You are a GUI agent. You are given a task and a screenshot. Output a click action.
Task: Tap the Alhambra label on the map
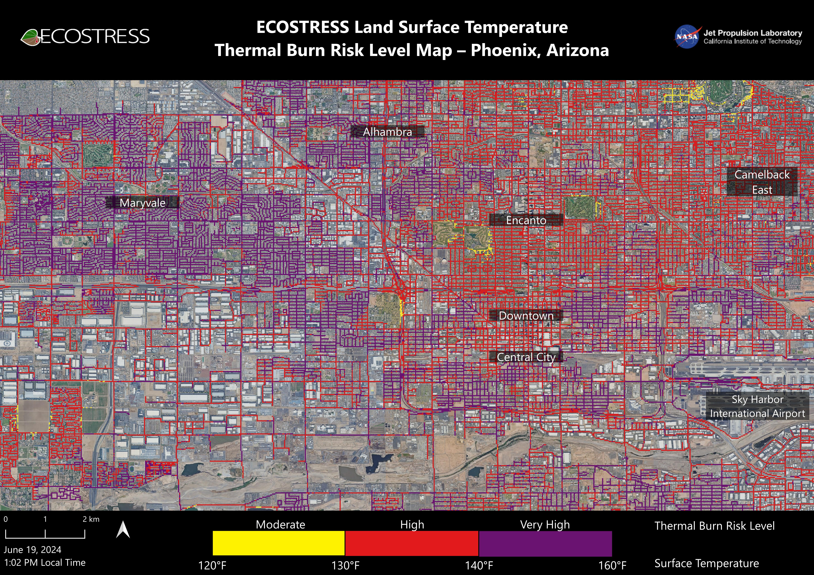[388, 132]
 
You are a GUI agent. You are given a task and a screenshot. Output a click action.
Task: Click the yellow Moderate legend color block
[279, 543]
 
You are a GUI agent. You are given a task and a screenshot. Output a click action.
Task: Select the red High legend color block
[412, 543]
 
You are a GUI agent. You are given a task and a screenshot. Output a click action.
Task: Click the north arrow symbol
[123, 529]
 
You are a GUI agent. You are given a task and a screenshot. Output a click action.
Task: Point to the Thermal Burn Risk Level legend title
[714, 526]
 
